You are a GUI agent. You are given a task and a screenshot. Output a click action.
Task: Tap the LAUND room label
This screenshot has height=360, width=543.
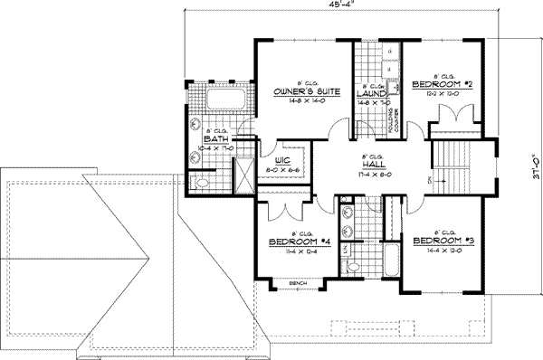click(372, 92)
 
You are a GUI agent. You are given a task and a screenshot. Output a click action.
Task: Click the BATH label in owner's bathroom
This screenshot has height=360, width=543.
click(215, 139)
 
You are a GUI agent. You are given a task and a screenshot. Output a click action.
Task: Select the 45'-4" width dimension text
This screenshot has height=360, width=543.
click(341, 6)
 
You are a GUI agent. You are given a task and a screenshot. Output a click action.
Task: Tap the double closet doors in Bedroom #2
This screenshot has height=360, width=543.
click(450, 118)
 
